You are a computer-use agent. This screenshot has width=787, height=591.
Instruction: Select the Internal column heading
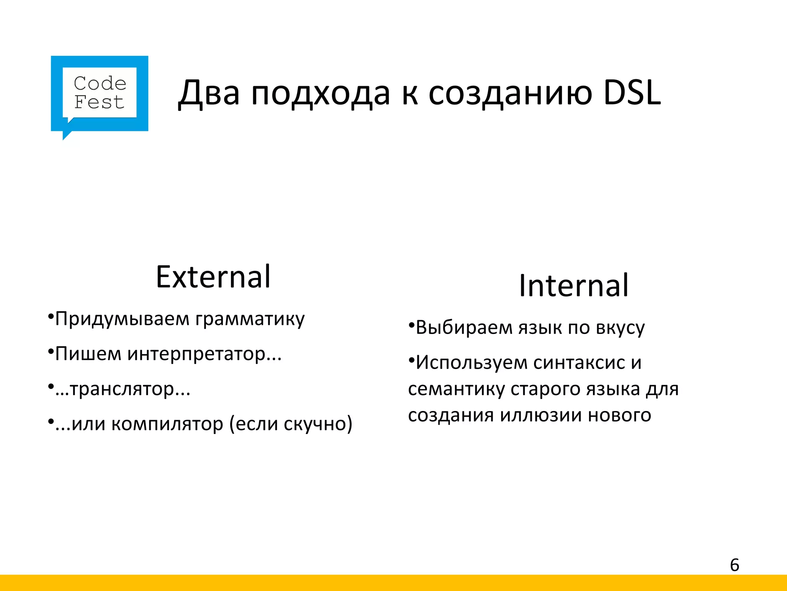[573, 285]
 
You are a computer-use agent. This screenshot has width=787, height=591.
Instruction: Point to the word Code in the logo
[100, 83]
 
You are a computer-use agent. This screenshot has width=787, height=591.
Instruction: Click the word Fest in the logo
[99, 102]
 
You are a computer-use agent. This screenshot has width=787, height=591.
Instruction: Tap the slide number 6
[734, 565]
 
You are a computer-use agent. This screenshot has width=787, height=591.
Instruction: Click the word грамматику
[250, 319]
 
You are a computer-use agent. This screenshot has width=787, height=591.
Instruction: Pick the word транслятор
[122, 389]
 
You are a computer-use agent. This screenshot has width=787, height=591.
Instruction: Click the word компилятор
[167, 424]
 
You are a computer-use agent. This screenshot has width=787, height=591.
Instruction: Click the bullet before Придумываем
[50, 317]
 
